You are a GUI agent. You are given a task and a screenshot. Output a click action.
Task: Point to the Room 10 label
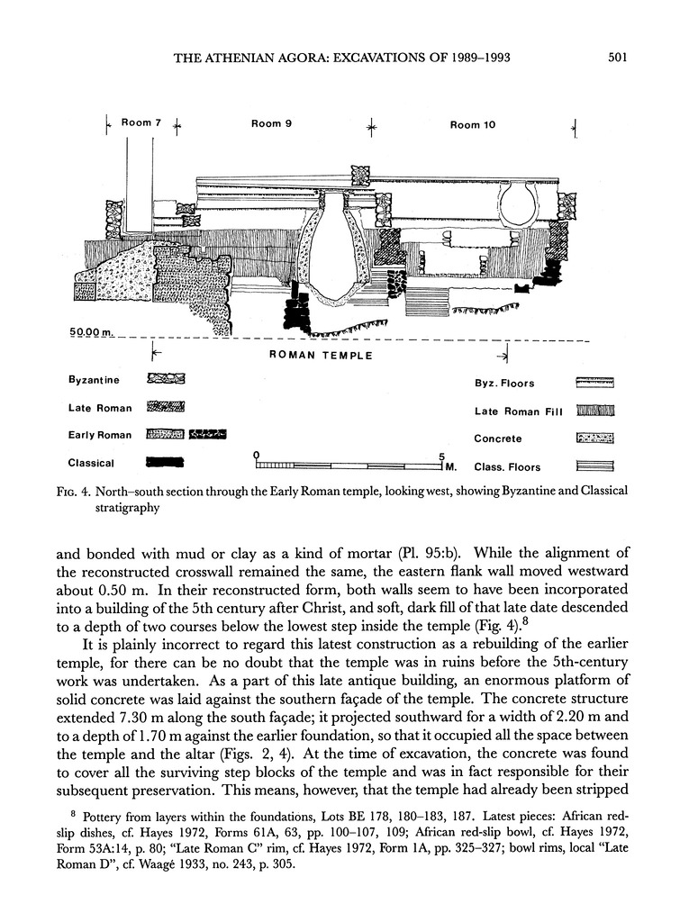tap(472, 124)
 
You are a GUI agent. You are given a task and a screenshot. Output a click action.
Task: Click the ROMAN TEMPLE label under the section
tap(322, 356)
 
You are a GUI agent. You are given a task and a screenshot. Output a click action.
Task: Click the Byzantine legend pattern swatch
tap(166, 380)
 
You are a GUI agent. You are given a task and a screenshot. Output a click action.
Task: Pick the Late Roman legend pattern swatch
tap(166, 407)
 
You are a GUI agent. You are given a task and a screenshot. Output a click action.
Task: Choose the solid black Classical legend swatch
tap(165, 463)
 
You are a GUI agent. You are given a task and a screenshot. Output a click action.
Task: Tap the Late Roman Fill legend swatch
tap(594, 411)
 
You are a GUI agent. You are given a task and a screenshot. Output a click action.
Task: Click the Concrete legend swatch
tap(594, 438)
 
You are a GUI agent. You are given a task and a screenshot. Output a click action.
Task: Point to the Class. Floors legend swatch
tap(594, 466)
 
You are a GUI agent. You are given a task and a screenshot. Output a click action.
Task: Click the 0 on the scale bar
tap(257, 455)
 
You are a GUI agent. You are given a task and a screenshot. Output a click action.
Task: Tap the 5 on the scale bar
tap(441, 455)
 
